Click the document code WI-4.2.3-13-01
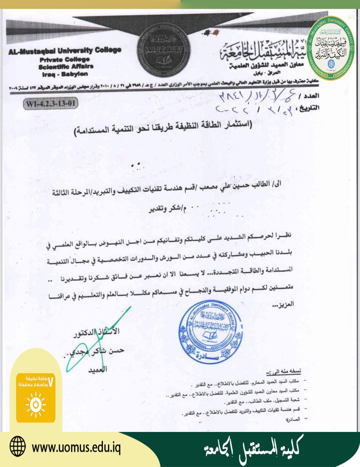50,103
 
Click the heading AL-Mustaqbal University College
65,51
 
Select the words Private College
65,59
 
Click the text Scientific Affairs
66,66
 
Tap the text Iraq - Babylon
65,74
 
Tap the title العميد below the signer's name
97,369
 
